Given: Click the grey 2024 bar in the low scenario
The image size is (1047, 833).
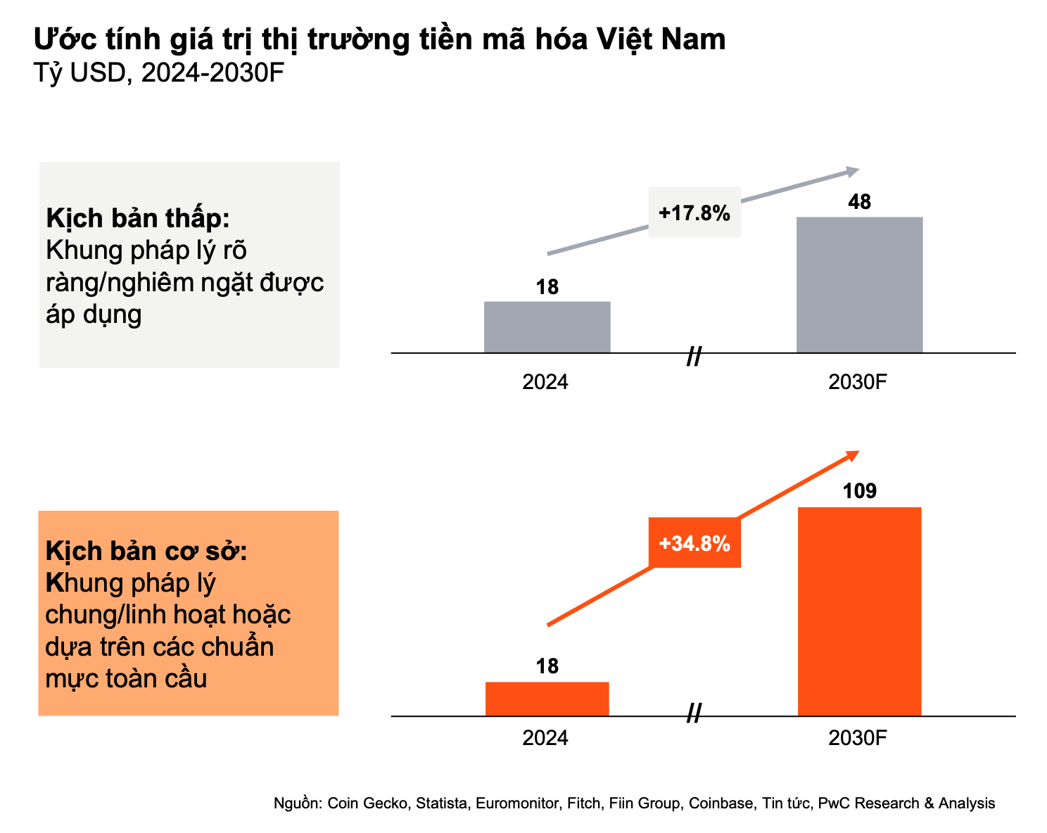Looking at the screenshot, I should click(x=547, y=327).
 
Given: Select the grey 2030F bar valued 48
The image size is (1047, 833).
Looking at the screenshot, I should click(x=859, y=285).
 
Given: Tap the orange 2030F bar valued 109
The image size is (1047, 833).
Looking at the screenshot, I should click(x=859, y=611).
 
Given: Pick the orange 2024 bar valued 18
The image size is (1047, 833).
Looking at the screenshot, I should click(x=547, y=699).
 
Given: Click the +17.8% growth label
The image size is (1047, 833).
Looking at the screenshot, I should click(x=694, y=212).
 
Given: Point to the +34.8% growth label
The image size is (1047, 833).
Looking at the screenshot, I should click(x=694, y=542).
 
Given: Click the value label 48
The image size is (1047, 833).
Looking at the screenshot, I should click(x=859, y=202).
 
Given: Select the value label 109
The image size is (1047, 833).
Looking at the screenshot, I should click(x=859, y=490).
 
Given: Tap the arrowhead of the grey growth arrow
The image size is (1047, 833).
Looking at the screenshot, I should click(x=853, y=171).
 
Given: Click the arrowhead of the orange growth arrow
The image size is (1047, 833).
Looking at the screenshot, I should click(x=853, y=456).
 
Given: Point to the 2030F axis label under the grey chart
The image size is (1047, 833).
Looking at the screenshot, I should click(x=858, y=382).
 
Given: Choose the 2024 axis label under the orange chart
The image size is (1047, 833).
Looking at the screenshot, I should click(x=545, y=738).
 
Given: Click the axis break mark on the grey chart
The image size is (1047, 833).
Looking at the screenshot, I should click(x=694, y=356).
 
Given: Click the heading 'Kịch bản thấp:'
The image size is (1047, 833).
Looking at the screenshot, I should click(x=138, y=218).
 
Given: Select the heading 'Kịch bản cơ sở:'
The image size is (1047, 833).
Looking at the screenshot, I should click(x=146, y=551).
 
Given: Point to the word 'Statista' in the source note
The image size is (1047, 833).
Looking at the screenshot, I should click(x=441, y=803).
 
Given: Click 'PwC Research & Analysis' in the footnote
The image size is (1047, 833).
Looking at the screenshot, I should click(x=906, y=803).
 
